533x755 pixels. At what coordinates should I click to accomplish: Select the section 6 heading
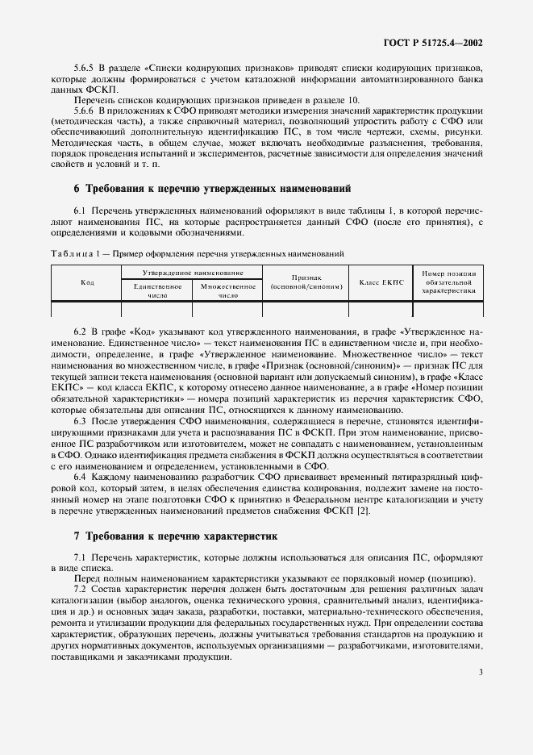pos(212,188)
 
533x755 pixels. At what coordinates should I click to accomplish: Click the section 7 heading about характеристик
pos(175,535)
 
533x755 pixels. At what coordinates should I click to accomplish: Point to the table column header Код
pos(87,282)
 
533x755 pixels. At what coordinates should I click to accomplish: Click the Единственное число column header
pos(156,290)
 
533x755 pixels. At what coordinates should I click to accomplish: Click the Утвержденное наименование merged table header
pos(192,273)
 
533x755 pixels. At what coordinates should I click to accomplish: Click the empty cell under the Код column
pos(87,309)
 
